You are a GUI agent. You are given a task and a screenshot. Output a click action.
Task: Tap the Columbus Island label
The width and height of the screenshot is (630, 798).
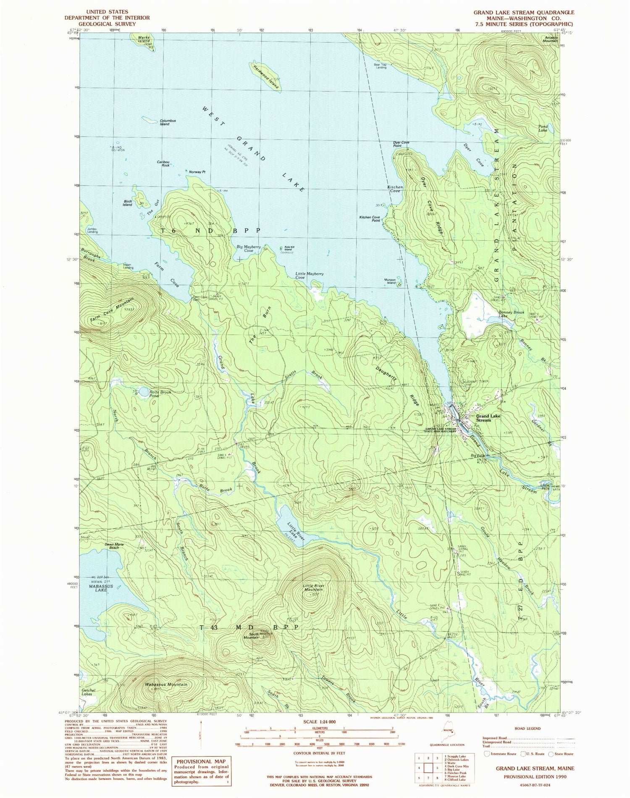pyautogui.click(x=167, y=122)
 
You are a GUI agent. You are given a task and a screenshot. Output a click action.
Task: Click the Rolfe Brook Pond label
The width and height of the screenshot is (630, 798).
pyautogui.click(x=160, y=394)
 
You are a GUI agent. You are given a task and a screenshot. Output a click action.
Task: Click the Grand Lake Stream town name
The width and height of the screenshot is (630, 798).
pyautogui.click(x=488, y=418)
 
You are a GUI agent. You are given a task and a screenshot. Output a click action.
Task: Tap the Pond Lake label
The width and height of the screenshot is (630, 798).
pyautogui.click(x=543, y=128)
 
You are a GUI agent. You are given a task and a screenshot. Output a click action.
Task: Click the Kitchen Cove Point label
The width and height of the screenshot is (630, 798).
pyautogui.click(x=370, y=219)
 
